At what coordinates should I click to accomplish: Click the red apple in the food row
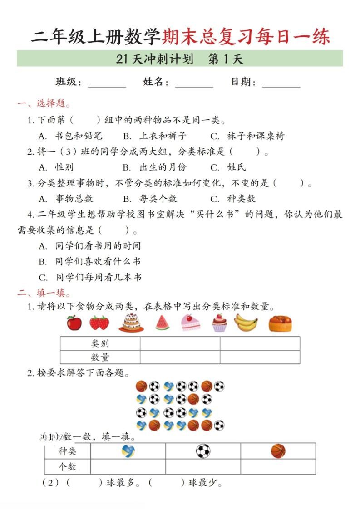pyautogui.click(x=74, y=323)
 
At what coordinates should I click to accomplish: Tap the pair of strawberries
pyautogui.click(x=99, y=323)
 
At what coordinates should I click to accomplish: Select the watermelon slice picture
pyautogui.click(x=162, y=323)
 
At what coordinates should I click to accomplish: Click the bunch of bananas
pyautogui.click(x=246, y=323)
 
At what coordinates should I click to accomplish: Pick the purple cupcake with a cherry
pyautogui.click(x=219, y=323)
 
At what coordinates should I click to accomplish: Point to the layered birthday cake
pyautogui.click(x=131, y=323)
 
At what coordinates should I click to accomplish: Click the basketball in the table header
pyautogui.click(x=278, y=451)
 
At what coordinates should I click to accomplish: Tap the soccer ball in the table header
pyautogui.click(x=203, y=451)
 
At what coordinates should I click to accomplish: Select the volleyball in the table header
pyautogui.click(x=128, y=451)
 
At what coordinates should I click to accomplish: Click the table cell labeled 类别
pyautogui.click(x=100, y=343)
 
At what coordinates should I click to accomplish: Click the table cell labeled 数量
pyautogui.click(x=100, y=357)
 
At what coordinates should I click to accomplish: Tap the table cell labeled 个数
pyautogui.click(x=68, y=466)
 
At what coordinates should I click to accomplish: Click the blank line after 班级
pyautogui.click(x=107, y=83)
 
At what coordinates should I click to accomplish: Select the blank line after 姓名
pyautogui.click(x=194, y=83)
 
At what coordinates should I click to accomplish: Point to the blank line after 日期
pyautogui.click(x=281, y=83)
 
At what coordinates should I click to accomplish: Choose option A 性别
pyautogui.click(x=56, y=167)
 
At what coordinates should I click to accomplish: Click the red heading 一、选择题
pyautogui.click(x=44, y=104)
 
